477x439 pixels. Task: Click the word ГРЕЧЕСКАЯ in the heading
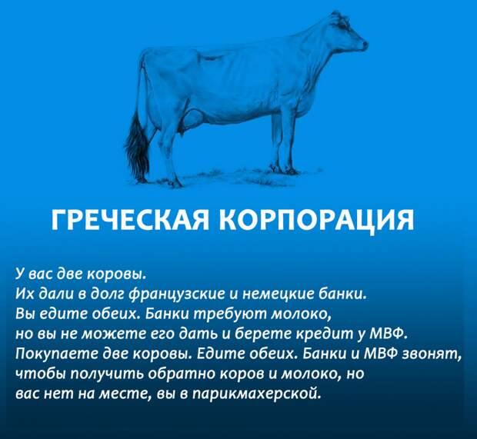(x=130, y=220)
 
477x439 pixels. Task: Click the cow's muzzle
(x=363, y=45)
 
